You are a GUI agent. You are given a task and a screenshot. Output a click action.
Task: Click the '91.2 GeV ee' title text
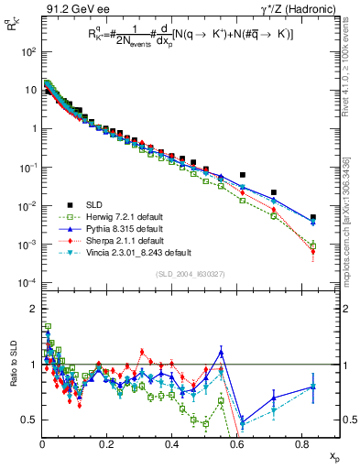(70, 9)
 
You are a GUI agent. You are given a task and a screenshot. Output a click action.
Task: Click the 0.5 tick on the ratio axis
(29, 420)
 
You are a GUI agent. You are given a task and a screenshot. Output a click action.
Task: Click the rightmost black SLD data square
(313, 217)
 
